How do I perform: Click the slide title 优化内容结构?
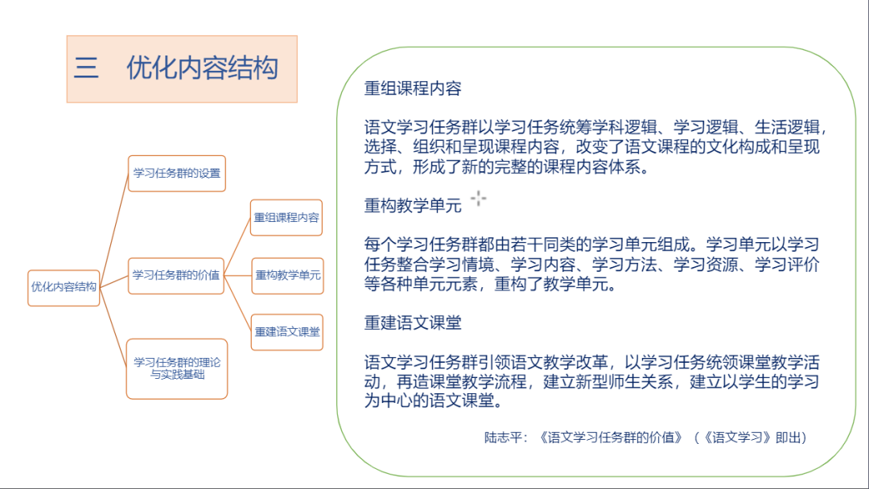(202, 68)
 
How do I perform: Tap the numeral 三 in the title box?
(86, 68)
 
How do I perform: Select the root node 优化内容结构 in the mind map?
(64, 287)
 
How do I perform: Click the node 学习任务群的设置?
(176, 173)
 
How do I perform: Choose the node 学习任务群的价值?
(176, 275)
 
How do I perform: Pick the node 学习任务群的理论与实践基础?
(177, 368)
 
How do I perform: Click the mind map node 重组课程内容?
(286, 218)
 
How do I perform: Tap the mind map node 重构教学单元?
(286, 275)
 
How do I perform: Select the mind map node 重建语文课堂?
(286, 331)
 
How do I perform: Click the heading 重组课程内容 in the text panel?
(413, 89)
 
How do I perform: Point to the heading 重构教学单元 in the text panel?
(413, 206)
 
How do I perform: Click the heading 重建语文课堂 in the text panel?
(413, 323)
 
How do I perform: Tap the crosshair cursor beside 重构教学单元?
(479, 199)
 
